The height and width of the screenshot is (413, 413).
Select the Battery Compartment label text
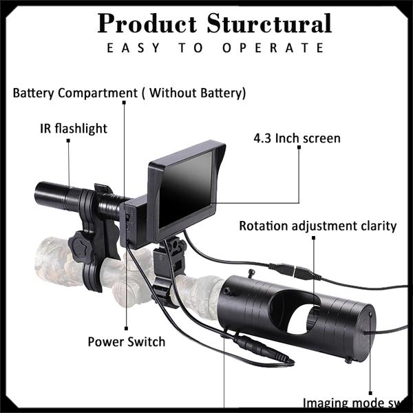tap(129, 92)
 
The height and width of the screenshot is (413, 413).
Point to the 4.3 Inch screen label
tap(297, 138)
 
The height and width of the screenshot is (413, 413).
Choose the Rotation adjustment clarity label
tap(318, 226)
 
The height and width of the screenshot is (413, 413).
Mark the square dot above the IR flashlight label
tap(69, 140)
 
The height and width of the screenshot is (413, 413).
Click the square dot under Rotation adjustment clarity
tap(313, 238)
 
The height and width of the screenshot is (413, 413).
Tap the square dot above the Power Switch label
tap(127, 329)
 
